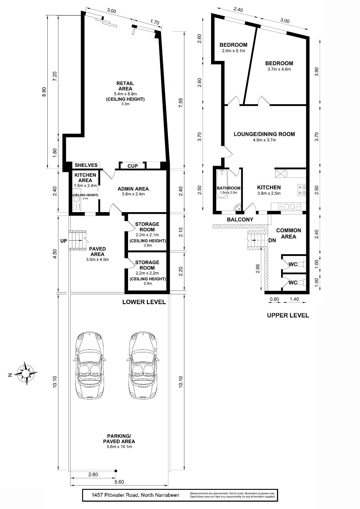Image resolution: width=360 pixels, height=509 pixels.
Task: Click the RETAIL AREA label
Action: (125, 86)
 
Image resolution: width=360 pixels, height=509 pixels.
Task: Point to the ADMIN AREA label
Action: (133, 189)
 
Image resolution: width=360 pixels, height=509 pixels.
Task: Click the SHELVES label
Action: (86, 165)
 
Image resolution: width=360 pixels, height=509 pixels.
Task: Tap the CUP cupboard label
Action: (133, 166)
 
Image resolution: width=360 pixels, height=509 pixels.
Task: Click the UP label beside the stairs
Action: (64, 241)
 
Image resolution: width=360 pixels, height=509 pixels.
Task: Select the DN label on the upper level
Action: (272, 241)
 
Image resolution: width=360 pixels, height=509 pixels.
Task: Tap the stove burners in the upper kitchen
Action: (302, 190)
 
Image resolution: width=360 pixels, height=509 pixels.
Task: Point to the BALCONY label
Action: (240, 220)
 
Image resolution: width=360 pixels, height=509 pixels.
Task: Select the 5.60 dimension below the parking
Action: (119, 482)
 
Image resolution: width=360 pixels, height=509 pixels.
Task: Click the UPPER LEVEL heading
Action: (288, 315)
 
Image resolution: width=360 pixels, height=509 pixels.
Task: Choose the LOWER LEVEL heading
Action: (144, 302)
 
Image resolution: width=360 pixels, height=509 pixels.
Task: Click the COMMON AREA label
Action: (289, 233)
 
